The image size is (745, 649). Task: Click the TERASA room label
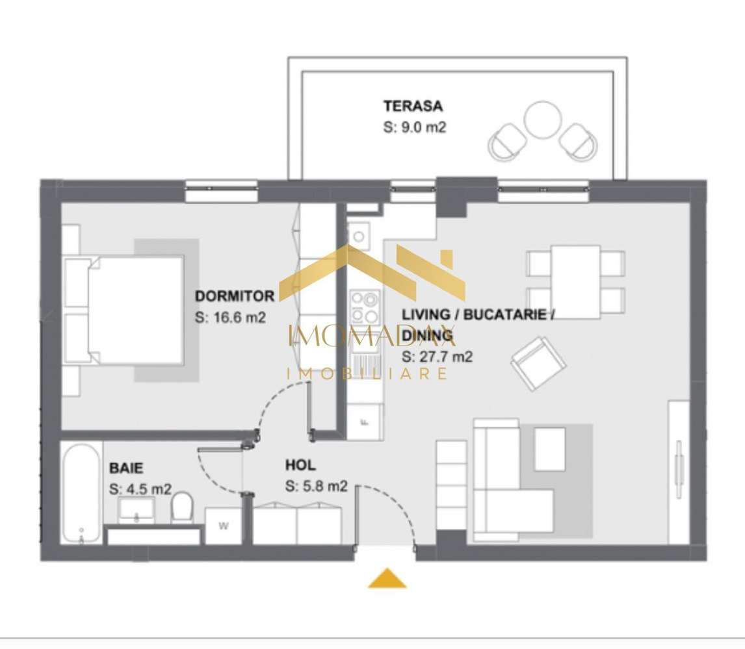click(x=413, y=106)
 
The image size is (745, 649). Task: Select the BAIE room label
click(x=126, y=467)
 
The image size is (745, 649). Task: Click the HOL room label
click(x=300, y=465)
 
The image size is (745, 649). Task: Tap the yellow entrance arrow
click(x=387, y=578)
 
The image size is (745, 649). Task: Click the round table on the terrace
click(x=543, y=120)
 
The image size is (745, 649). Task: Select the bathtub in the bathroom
click(x=82, y=492)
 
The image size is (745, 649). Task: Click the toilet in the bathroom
click(x=182, y=506)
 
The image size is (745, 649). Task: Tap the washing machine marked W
click(x=223, y=526)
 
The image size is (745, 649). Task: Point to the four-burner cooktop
click(x=364, y=307)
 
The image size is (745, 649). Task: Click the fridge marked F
click(x=365, y=422)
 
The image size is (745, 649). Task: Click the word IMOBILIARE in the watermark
click(x=367, y=374)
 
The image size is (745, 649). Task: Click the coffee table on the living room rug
click(x=549, y=448)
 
